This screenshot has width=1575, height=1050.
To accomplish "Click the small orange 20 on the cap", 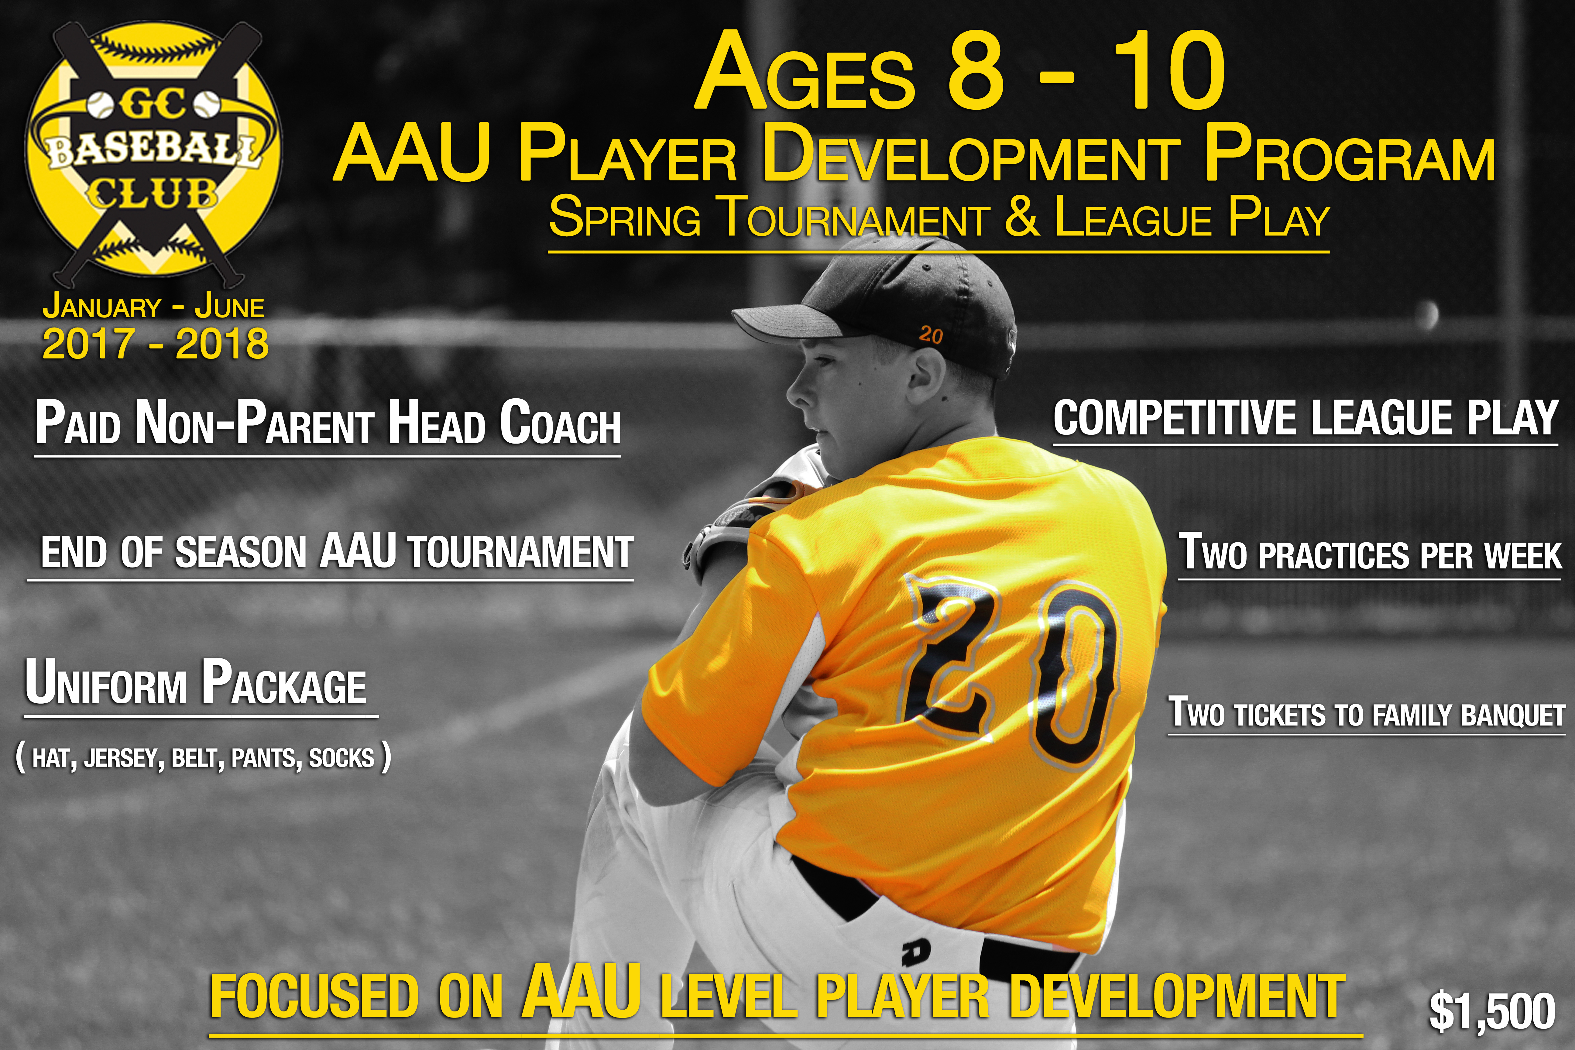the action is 931,334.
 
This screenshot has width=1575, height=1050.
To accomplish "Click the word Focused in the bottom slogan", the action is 315,997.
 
